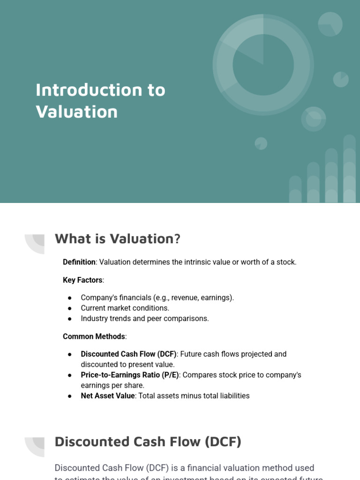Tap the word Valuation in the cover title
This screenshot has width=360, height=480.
[76, 112]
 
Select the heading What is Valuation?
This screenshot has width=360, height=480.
[117, 239]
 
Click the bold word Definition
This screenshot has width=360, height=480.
[79, 262]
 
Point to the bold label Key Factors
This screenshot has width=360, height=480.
[82, 280]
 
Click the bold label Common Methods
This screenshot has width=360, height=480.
[94, 337]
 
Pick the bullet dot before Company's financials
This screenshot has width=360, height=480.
[70, 298]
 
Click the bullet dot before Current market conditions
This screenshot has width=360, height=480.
[70, 308]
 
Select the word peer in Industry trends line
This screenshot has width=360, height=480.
[164, 319]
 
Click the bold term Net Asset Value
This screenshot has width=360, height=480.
[108, 396]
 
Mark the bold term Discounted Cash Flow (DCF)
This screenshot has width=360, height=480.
[128, 354]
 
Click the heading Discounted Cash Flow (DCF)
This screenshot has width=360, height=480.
[148, 442]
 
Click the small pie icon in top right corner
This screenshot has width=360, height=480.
[330, 24]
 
